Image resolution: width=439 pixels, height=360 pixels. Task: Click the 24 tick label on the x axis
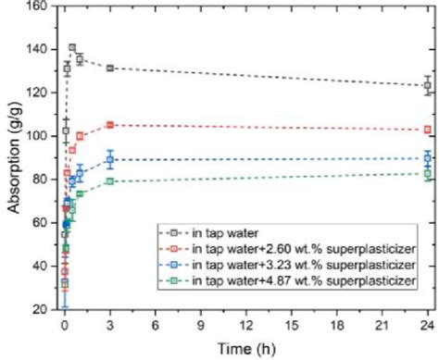tap(427, 325)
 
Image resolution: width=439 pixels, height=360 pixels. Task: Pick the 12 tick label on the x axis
tap(245, 325)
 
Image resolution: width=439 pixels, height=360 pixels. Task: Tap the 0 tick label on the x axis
tap(64, 325)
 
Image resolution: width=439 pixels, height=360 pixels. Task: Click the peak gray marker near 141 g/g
tap(72, 47)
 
